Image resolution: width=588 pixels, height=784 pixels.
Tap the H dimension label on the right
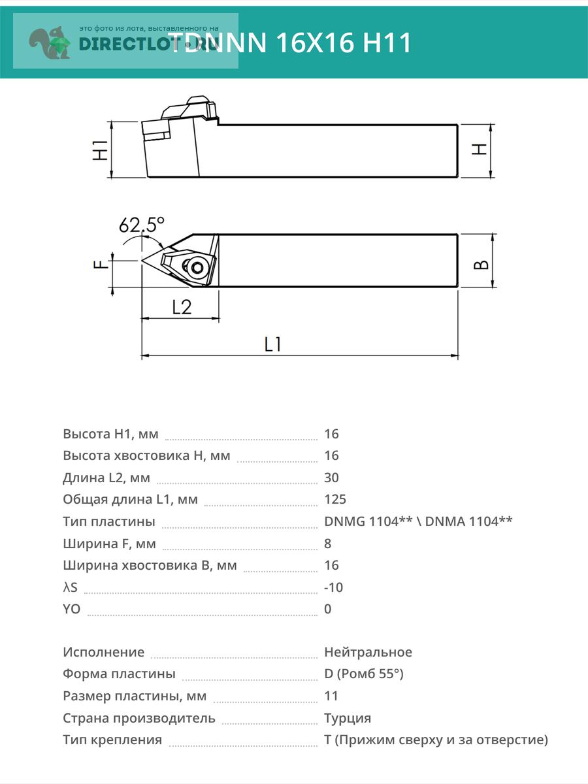(x=480, y=149)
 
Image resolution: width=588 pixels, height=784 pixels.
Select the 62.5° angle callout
(x=141, y=225)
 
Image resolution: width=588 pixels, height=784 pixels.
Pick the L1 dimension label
(x=272, y=344)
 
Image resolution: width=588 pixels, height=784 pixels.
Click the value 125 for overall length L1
(x=335, y=499)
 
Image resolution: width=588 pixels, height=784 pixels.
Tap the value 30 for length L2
(x=331, y=478)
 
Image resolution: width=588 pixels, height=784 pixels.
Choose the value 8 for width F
(x=327, y=543)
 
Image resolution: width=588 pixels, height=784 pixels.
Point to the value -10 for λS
(x=333, y=587)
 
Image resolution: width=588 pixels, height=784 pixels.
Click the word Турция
(x=347, y=718)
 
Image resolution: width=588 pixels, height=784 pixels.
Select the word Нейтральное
(x=368, y=652)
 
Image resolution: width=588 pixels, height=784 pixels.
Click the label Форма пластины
(x=119, y=674)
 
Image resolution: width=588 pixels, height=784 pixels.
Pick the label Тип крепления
(x=112, y=740)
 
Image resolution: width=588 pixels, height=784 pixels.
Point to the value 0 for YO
(x=327, y=609)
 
